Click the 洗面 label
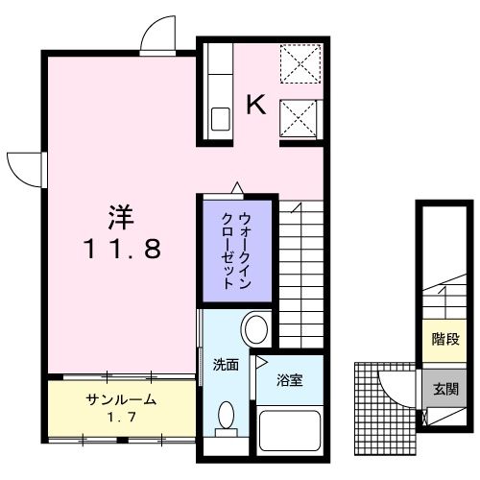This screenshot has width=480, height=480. tap(226, 365)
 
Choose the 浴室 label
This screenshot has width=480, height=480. tap(290, 381)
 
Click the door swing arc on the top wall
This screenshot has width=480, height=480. tap(154, 36)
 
